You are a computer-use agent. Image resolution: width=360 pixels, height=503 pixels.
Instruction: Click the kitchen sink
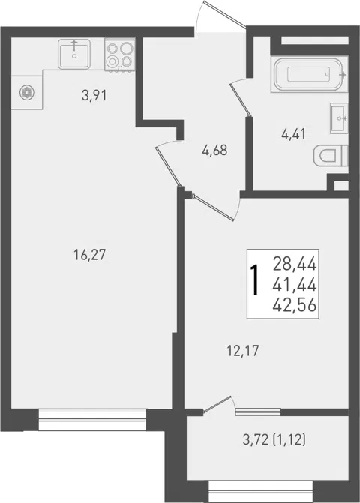[x=74, y=53]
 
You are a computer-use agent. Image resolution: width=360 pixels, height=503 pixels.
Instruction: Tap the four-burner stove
[x=120, y=55]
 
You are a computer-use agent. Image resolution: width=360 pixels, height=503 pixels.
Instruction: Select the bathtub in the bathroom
[x=310, y=74]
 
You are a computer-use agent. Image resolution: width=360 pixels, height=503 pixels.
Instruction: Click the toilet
[x=331, y=156]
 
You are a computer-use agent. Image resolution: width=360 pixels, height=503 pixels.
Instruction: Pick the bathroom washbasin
[x=339, y=118]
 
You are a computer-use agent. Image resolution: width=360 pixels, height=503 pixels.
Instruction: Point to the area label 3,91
[x=94, y=95]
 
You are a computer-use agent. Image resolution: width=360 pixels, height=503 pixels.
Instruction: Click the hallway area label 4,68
[x=214, y=150]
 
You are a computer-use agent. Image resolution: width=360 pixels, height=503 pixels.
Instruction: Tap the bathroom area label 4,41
[x=293, y=134]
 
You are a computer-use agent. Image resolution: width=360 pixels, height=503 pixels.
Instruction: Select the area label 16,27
[x=89, y=255]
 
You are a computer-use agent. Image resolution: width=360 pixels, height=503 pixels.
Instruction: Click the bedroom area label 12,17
[x=243, y=351]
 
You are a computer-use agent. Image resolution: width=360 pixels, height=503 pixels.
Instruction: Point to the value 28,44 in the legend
[x=295, y=265]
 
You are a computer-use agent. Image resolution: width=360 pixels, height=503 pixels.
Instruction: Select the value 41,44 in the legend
[x=295, y=285]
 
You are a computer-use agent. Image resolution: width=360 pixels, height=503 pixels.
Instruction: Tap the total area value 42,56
[x=295, y=305]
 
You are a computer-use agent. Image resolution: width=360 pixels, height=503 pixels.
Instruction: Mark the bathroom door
[x=241, y=98]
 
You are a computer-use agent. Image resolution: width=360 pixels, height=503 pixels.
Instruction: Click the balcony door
[x=217, y=404]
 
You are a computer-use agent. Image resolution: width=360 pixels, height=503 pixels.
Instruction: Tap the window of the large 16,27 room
[x=93, y=419]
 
